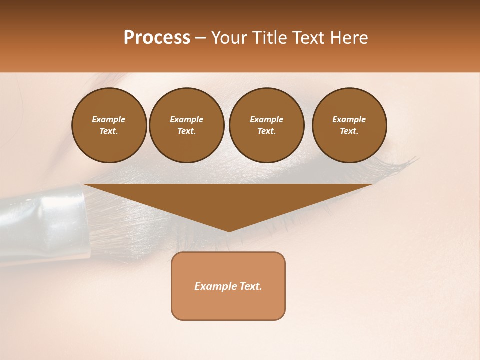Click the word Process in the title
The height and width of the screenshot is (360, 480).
coord(157,38)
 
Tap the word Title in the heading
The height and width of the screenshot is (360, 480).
coord(267,38)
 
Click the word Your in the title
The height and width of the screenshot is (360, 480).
coord(229,38)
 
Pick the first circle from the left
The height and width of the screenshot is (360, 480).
coord(109,125)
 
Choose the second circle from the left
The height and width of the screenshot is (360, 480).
coord(187,125)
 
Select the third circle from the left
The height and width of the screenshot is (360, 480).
coord(267,125)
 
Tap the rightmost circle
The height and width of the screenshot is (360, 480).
coord(349,125)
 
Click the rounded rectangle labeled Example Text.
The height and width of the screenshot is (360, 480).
coord(228,286)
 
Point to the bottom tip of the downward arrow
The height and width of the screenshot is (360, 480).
coord(229,231)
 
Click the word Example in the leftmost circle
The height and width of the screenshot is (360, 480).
coord(109,119)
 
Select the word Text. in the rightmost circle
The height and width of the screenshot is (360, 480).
coord(349,131)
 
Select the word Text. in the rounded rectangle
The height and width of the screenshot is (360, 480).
coord(251,286)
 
